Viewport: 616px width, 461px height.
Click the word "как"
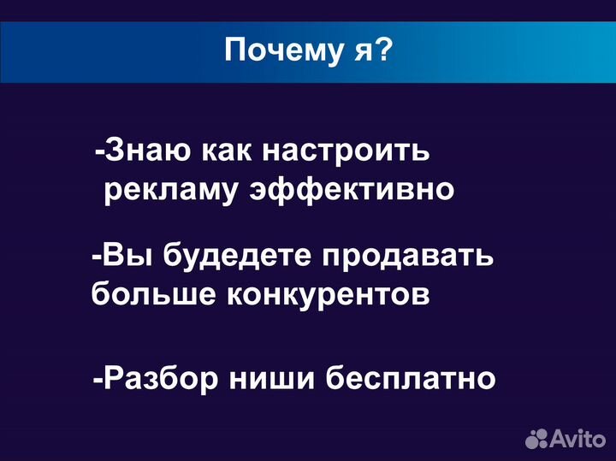coord(226,152)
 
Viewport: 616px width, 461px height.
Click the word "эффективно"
coord(351,189)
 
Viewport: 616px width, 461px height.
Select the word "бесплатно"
coord(411,378)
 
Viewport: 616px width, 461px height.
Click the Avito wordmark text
coord(578,439)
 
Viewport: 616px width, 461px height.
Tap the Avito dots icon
coord(537,439)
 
